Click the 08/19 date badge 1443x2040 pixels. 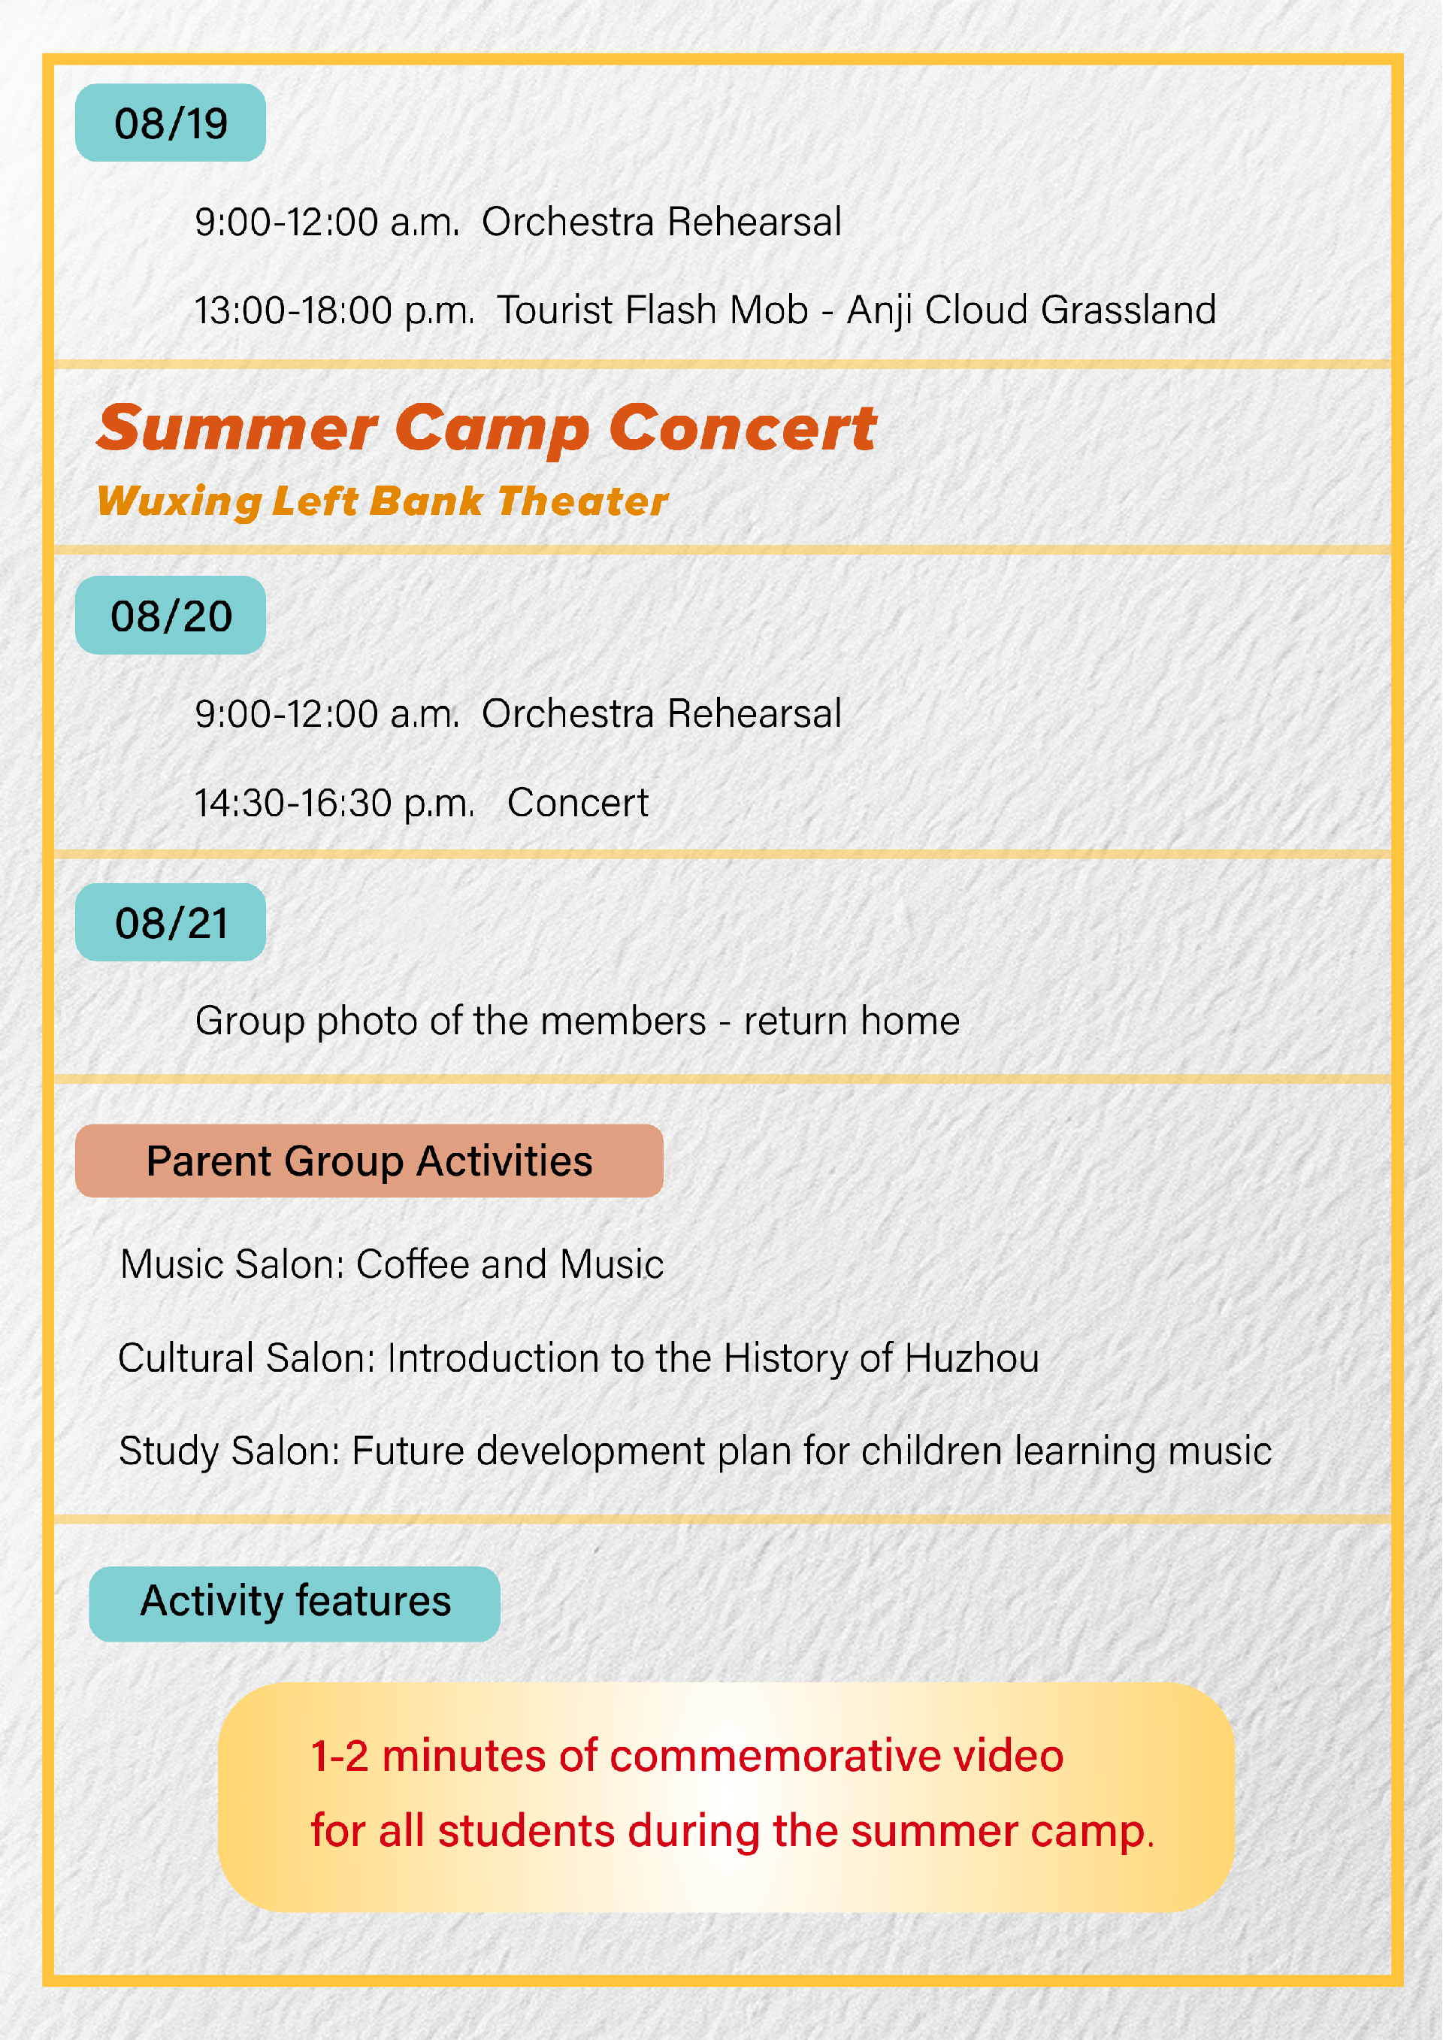pyautogui.click(x=171, y=123)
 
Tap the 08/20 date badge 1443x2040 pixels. pyautogui.click(x=171, y=616)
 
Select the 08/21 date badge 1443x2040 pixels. pyautogui.click(x=171, y=922)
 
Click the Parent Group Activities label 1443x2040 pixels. pyautogui.click(x=370, y=1161)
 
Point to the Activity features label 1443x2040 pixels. pyautogui.click(x=295, y=1604)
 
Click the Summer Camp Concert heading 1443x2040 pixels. pyautogui.click(x=487, y=429)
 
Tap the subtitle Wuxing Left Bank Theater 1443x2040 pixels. pyautogui.click(x=382, y=502)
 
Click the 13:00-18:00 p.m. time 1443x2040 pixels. pyautogui.click(x=335, y=311)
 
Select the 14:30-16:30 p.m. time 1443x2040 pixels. pyautogui.click(x=335, y=804)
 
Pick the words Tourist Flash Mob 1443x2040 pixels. pyautogui.click(x=653, y=310)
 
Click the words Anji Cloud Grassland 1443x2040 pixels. pyautogui.click(x=1032, y=310)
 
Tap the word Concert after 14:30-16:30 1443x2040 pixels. pyautogui.click(x=579, y=804)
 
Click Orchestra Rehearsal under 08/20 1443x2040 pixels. pyautogui.click(x=662, y=713)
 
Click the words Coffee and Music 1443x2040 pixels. pyautogui.click(x=510, y=1264)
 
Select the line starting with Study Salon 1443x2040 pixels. pyautogui.click(x=696, y=1451)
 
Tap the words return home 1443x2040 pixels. pyautogui.click(x=852, y=1021)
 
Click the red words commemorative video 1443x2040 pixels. pyautogui.click(x=837, y=1757)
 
